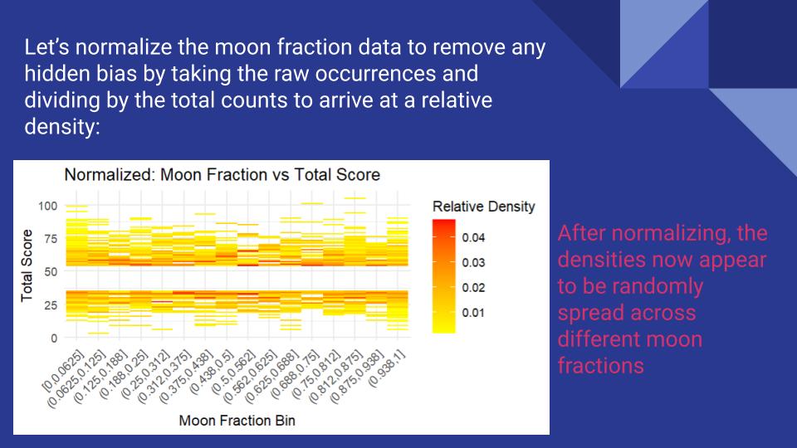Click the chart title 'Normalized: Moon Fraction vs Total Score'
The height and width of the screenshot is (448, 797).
[222, 175]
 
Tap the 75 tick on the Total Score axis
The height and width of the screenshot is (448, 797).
[50, 238]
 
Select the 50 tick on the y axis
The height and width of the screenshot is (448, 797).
[50, 271]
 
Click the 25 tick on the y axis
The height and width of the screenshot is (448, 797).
[50, 304]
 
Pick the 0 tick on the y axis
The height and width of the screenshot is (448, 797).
[53, 338]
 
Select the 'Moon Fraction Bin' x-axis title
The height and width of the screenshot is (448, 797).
[237, 421]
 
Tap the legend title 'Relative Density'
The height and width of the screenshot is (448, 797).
[484, 206]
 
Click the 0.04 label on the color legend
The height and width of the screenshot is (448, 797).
[473, 238]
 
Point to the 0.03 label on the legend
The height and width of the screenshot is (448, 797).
[473, 263]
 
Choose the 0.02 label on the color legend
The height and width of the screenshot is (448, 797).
[473, 288]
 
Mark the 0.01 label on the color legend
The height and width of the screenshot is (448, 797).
[473, 313]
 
